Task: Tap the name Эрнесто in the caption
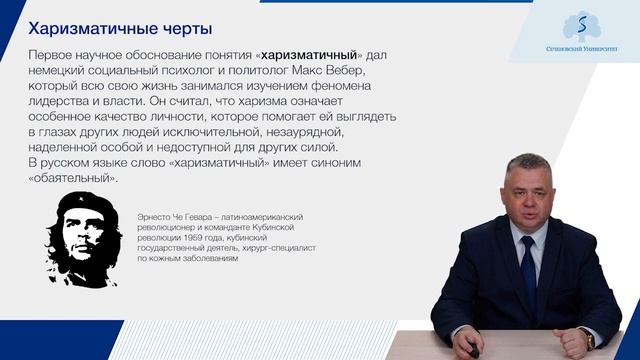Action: pos(142,216)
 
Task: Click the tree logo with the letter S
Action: pos(580,25)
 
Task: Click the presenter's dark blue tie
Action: pos(528,270)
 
